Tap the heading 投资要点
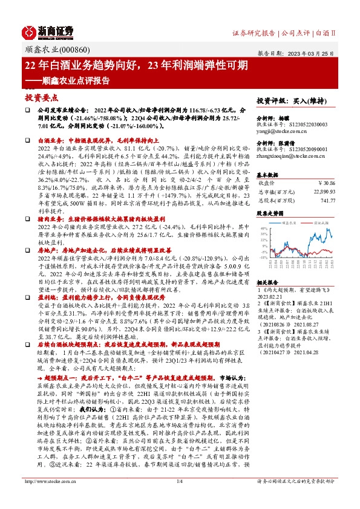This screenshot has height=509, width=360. [37, 96]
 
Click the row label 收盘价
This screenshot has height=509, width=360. [267, 181]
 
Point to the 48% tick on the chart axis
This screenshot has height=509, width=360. [262, 229]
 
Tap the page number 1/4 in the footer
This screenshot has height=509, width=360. [179, 498]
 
